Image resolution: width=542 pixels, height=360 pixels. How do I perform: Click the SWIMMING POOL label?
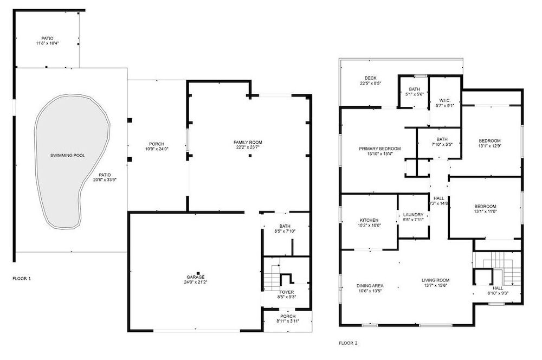pyautogui.click(x=68, y=156)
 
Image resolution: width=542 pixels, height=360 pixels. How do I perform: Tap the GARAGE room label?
pyautogui.click(x=196, y=277)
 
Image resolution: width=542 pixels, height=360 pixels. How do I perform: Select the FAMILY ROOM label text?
pyautogui.click(x=248, y=142)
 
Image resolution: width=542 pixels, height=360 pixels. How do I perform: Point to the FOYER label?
pyautogui.click(x=287, y=292)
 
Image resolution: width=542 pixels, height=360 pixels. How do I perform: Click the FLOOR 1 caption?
pyautogui.click(x=22, y=278)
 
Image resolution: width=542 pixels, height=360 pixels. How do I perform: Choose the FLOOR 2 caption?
pyautogui.click(x=348, y=343)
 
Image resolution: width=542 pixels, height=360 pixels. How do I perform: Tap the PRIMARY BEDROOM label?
pyautogui.click(x=380, y=149)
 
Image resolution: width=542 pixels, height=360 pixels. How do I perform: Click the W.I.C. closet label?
pyautogui.click(x=444, y=101)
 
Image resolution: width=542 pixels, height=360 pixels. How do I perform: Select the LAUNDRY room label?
pyautogui.click(x=414, y=215)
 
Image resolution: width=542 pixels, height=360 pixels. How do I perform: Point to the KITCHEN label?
pyautogui.click(x=369, y=220)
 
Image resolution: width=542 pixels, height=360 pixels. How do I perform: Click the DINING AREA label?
pyautogui.click(x=370, y=286)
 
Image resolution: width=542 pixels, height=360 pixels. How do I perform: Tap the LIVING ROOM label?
pyautogui.click(x=436, y=280)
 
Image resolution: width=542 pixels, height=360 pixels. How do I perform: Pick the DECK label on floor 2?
pyautogui.click(x=371, y=78)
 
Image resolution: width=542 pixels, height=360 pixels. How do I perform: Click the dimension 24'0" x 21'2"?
pyautogui.click(x=196, y=282)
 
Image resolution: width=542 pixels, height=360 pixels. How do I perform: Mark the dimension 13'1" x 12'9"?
pyautogui.click(x=490, y=146)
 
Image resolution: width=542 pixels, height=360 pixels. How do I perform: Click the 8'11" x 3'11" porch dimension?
pyautogui.click(x=288, y=321)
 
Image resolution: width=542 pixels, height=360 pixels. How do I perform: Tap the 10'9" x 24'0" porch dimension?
pyautogui.click(x=157, y=149)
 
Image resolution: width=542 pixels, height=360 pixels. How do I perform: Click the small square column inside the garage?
pyautogui.click(x=198, y=273)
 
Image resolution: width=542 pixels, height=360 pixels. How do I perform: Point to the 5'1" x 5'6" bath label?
pyautogui.click(x=414, y=91)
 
